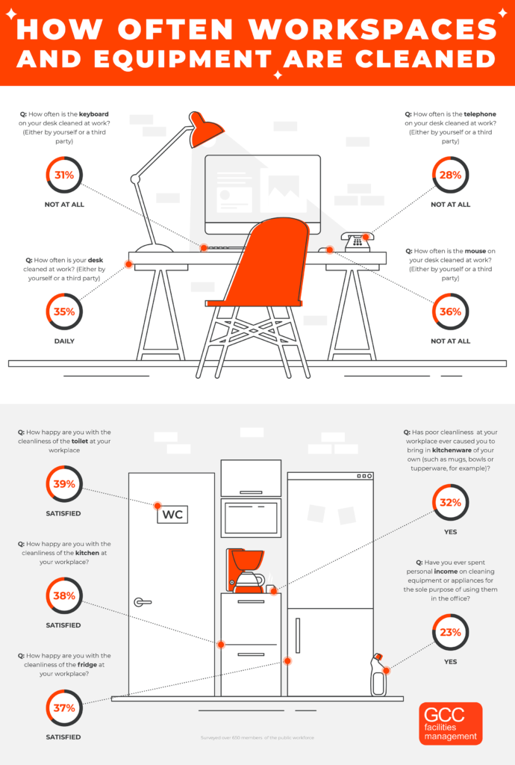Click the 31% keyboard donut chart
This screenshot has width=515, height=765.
click(x=63, y=176)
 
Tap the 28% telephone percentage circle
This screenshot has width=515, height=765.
click(x=451, y=176)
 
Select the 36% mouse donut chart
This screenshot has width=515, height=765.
click(x=451, y=312)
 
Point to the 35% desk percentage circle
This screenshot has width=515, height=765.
click(x=63, y=312)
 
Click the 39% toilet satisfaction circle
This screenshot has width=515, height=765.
click(x=63, y=483)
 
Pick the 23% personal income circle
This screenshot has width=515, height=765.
click(x=451, y=632)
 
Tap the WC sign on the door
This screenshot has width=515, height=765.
click(x=172, y=514)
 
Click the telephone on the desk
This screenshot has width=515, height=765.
click(x=357, y=241)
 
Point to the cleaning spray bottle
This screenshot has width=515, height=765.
click(x=379, y=675)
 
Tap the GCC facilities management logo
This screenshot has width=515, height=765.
click(x=450, y=723)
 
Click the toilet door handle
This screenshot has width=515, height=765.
click(x=141, y=602)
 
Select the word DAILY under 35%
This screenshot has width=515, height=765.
click(x=63, y=341)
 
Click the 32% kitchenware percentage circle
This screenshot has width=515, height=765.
click(x=451, y=503)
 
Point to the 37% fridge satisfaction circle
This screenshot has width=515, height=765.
click(x=63, y=707)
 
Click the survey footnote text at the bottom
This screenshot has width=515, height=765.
click(x=257, y=738)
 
